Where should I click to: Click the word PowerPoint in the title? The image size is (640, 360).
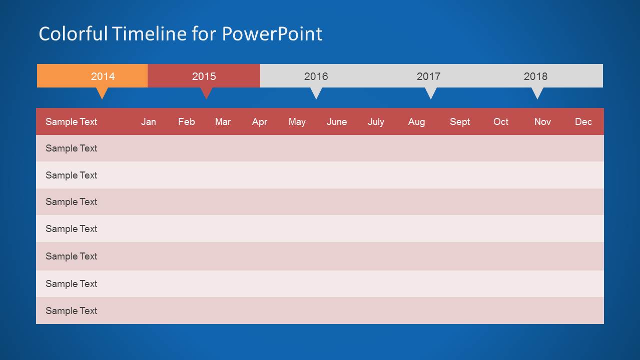click(x=272, y=34)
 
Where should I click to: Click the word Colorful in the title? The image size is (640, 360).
click(x=73, y=34)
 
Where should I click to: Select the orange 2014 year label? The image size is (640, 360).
click(x=103, y=76)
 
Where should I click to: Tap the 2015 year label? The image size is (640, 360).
click(x=204, y=76)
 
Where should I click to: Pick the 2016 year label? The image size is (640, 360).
click(x=316, y=76)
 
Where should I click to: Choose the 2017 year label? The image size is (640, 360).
click(x=428, y=76)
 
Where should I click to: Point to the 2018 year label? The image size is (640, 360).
click(x=535, y=76)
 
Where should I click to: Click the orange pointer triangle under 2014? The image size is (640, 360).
click(x=102, y=92)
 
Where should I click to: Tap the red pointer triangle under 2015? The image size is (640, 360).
click(x=206, y=92)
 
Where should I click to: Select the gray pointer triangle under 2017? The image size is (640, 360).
click(x=431, y=92)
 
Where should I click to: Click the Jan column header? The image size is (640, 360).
click(x=148, y=121)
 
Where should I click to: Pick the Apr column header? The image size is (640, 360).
click(x=259, y=121)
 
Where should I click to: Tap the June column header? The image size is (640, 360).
click(x=337, y=121)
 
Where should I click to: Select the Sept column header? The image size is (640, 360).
click(x=459, y=121)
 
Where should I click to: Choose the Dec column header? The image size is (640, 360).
click(x=583, y=121)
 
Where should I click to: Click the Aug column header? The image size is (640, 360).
click(x=416, y=121)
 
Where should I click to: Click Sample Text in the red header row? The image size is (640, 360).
click(x=71, y=121)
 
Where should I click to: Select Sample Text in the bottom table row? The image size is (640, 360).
click(x=71, y=310)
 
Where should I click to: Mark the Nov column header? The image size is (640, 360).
click(x=542, y=121)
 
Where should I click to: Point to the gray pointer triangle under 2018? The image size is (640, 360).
click(x=537, y=92)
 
